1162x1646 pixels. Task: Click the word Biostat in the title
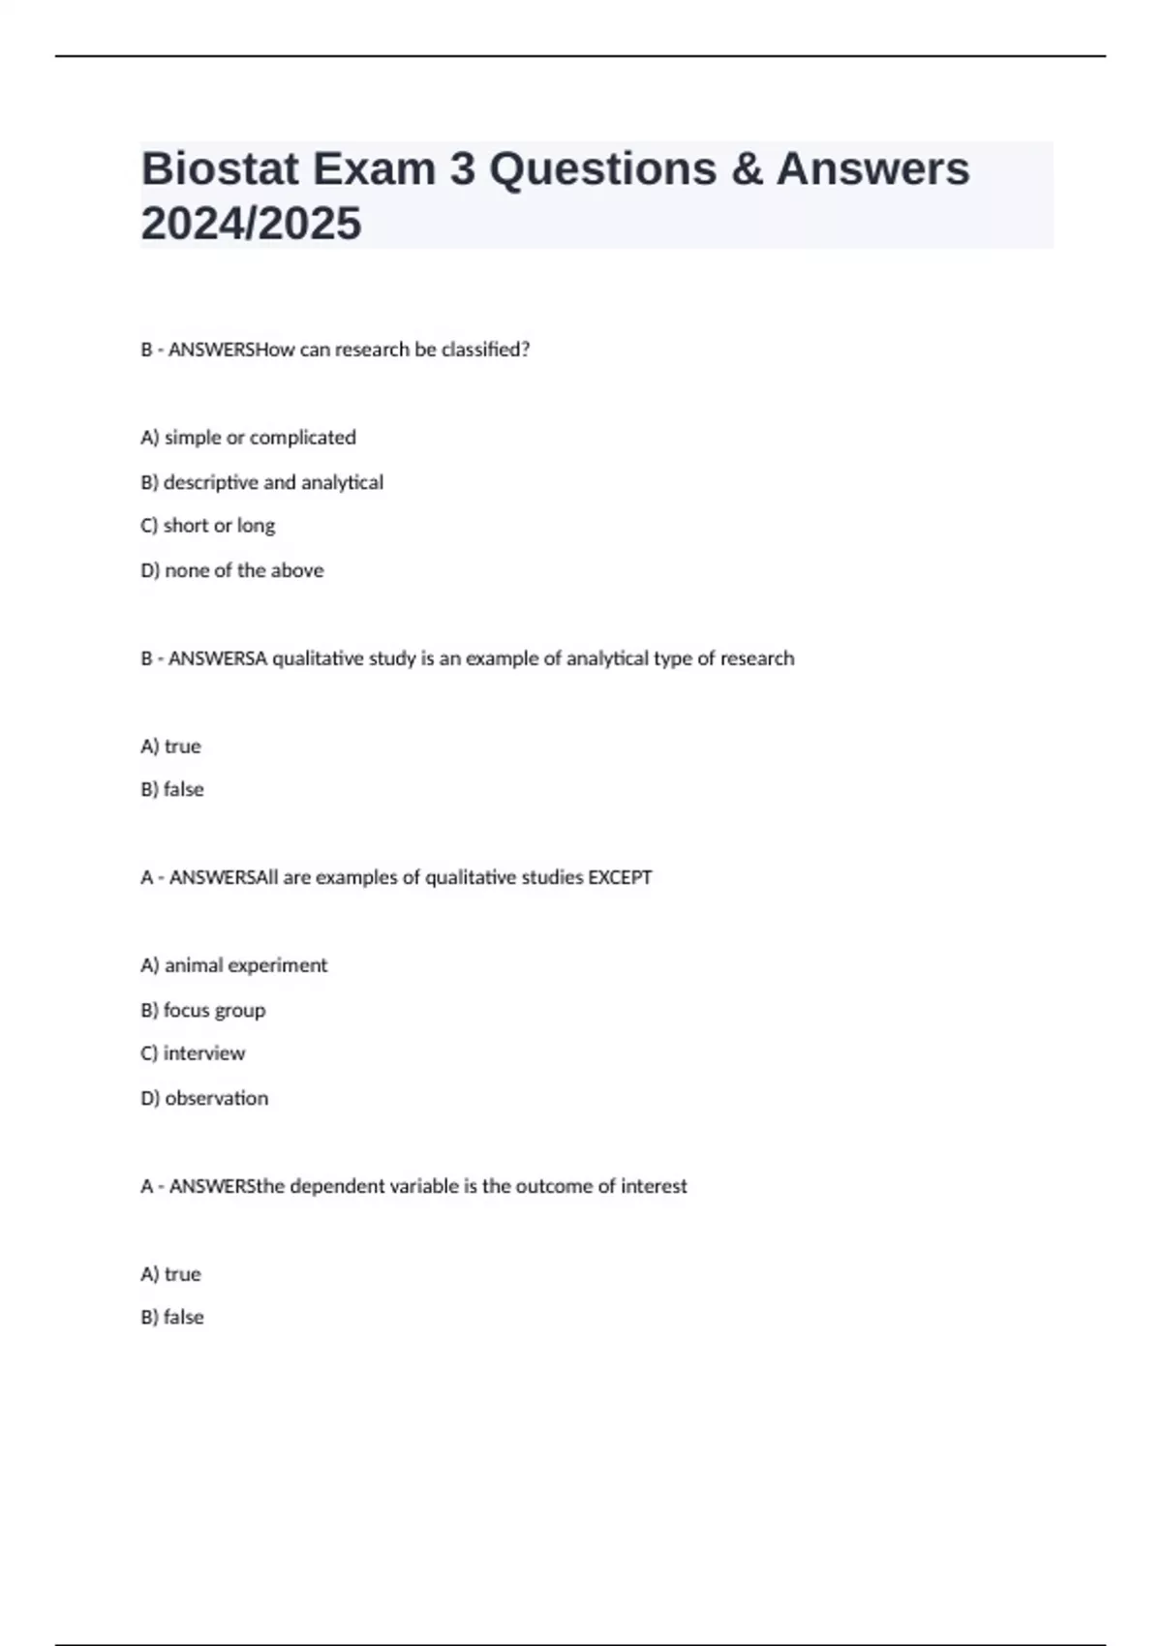[x=220, y=169]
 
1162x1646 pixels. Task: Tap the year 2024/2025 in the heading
[x=251, y=224]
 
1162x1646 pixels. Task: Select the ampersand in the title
[x=746, y=169]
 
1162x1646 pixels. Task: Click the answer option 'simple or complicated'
[x=249, y=438]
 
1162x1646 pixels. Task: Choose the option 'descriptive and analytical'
[x=262, y=482]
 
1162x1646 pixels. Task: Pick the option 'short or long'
[x=208, y=526]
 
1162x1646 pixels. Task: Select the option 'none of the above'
[x=232, y=570]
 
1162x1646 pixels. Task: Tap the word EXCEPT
[x=620, y=877]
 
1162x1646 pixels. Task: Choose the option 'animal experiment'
[x=234, y=965]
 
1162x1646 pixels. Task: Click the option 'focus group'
[x=203, y=1010]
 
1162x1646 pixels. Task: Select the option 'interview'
[x=194, y=1053]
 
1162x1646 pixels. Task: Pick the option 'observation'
[x=205, y=1098]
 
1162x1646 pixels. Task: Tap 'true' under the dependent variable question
[x=171, y=1274]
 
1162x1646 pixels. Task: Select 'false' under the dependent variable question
[x=172, y=1318]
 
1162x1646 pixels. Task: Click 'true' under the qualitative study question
[x=171, y=747]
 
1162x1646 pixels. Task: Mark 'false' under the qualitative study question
[x=172, y=790]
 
